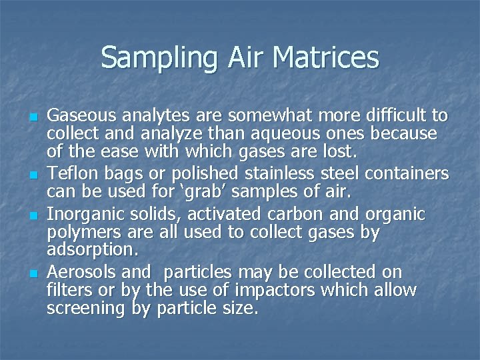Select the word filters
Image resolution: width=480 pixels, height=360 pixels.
tap(65, 291)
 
